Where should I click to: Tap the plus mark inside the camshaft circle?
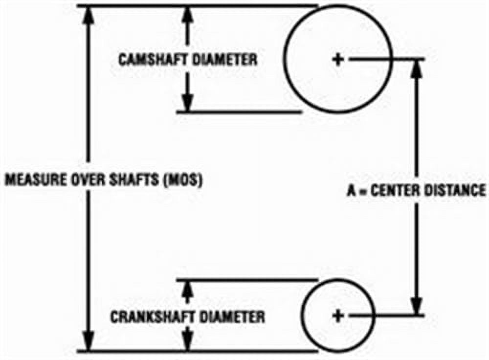pyautogui.click(x=337, y=59)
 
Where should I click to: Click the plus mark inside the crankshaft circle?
pyautogui.click(x=337, y=315)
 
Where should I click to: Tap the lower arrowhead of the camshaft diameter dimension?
pyautogui.click(x=188, y=102)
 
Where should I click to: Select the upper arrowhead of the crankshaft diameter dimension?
pyautogui.click(x=188, y=289)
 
